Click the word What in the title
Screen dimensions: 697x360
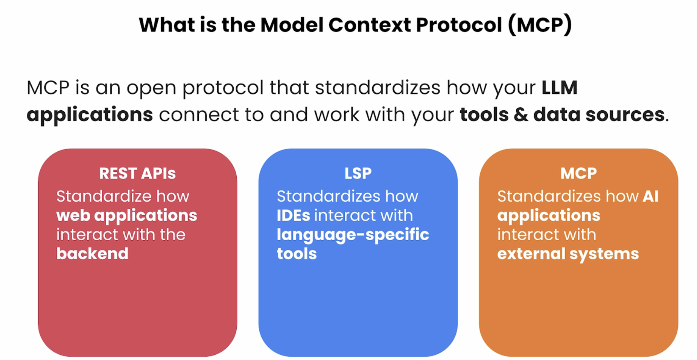(x=167, y=25)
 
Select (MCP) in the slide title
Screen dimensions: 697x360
(x=540, y=25)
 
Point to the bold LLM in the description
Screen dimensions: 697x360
(x=559, y=87)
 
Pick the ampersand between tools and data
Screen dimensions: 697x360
(x=521, y=114)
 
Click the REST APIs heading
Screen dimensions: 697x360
(x=137, y=173)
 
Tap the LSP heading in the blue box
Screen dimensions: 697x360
(x=358, y=173)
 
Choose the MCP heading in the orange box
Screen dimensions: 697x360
(x=578, y=173)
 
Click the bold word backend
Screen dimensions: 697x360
(x=92, y=253)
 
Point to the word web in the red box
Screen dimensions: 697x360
(x=73, y=215)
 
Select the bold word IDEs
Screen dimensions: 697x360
(x=293, y=215)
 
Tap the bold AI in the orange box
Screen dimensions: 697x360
(x=650, y=196)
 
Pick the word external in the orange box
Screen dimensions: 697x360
(x=531, y=253)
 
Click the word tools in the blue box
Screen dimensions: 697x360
(x=297, y=254)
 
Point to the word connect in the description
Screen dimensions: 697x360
(x=199, y=114)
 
